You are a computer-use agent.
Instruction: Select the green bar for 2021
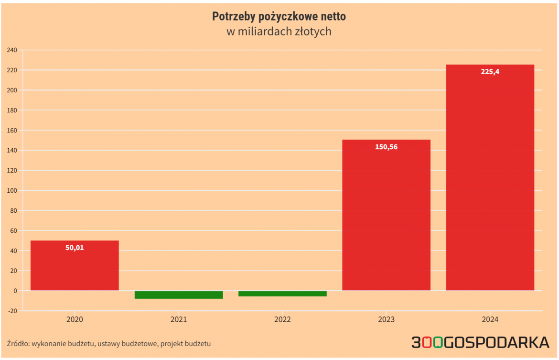[x=179, y=295]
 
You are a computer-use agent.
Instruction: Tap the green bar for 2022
[x=282, y=294]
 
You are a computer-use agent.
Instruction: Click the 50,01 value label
[x=75, y=248]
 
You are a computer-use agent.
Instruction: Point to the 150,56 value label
[x=386, y=147]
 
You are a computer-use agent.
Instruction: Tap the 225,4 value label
[x=490, y=72]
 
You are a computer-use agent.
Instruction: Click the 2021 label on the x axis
[x=179, y=319]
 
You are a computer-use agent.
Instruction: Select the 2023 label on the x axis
[x=386, y=319]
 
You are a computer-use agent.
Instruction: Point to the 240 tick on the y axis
[x=12, y=50]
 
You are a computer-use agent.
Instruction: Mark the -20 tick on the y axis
[x=12, y=311]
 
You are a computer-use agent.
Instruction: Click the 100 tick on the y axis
[x=12, y=191]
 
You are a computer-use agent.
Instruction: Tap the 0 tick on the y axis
[x=15, y=291]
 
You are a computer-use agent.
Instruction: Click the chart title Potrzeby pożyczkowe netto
[x=279, y=17]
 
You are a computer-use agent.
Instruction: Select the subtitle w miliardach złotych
[x=279, y=32]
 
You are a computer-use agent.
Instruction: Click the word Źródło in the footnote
[x=18, y=343]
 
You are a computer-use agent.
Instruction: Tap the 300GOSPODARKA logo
[x=480, y=342]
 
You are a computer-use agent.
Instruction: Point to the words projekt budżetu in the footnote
[x=185, y=343]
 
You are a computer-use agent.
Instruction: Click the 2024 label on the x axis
[x=490, y=319]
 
